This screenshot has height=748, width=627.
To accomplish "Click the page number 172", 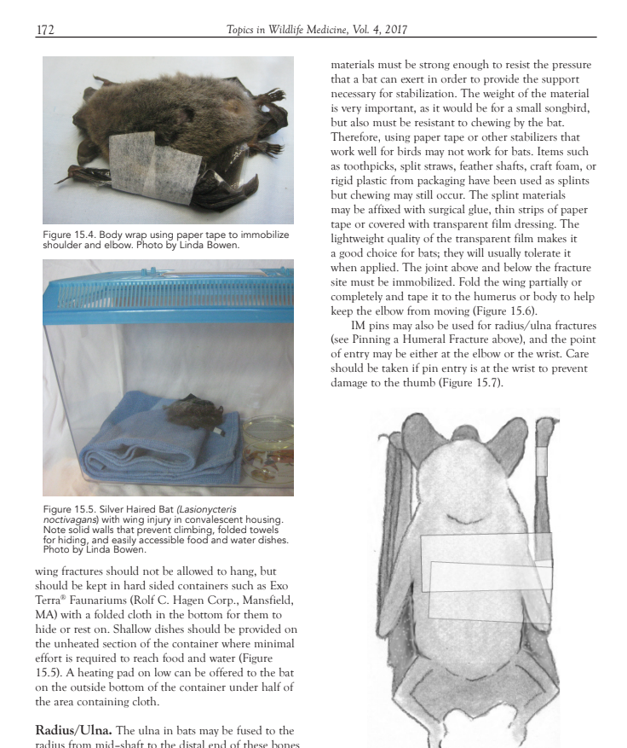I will (x=45, y=31).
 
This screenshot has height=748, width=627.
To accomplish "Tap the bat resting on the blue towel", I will (x=194, y=414).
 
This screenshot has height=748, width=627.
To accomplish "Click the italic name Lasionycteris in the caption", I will (x=203, y=509).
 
